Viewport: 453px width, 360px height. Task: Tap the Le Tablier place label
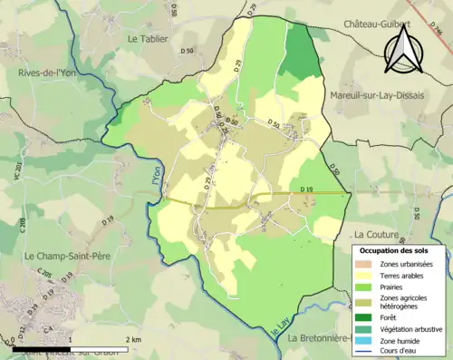[x=149, y=39]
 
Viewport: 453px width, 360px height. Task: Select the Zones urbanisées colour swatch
[x=364, y=263]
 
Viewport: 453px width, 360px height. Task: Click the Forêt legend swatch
[x=364, y=317]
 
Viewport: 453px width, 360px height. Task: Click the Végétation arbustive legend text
[x=407, y=328]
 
